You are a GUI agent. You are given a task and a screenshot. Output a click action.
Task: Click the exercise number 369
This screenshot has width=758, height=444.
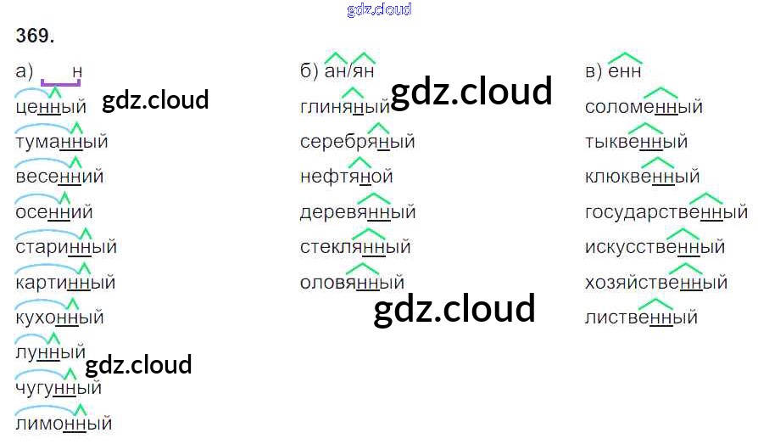click(x=35, y=36)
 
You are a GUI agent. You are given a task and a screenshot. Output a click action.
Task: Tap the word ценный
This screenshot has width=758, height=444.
click(x=51, y=107)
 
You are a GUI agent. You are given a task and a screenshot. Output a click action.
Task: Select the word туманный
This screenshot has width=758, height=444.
click(x=62, y=142)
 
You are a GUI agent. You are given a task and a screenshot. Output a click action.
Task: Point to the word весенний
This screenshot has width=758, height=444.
click(x=59, y=177)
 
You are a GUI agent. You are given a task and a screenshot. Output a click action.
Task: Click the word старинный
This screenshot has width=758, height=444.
click(x=66, y=247)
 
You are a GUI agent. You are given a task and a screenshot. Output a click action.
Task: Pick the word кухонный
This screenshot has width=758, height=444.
click(x=59, y=318)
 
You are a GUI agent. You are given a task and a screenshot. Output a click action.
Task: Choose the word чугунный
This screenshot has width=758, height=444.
click(x=59, y=388)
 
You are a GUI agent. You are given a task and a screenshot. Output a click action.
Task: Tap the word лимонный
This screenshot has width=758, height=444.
click(x=64, y=423)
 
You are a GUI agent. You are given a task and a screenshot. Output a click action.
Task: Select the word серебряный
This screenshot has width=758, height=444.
click(x=357, y=142)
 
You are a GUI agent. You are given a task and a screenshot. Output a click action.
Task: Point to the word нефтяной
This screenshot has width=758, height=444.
click(x=346, y=177)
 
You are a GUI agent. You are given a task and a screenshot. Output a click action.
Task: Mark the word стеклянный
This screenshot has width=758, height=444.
click(x=355, y=247)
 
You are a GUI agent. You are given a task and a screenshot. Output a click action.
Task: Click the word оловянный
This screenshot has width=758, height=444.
click(x=352, y=283)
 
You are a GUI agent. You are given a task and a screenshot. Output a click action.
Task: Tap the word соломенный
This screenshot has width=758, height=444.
click(x=644, y=107)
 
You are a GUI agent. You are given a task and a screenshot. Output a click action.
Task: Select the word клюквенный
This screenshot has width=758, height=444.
click(x=642, y=177)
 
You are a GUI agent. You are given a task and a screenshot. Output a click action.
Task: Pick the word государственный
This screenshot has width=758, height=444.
click(x=666, y=212)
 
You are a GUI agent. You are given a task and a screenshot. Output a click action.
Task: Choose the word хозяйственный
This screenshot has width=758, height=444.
click(x=656, y=283)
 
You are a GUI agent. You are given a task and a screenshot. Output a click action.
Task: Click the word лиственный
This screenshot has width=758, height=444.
click(x=641, y=318)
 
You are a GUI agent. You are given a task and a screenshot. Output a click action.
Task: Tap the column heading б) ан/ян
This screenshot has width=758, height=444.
click(x=337, y=71)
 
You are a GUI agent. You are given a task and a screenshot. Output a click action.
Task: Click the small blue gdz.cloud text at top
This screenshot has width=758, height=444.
click(x=379, y=9)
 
